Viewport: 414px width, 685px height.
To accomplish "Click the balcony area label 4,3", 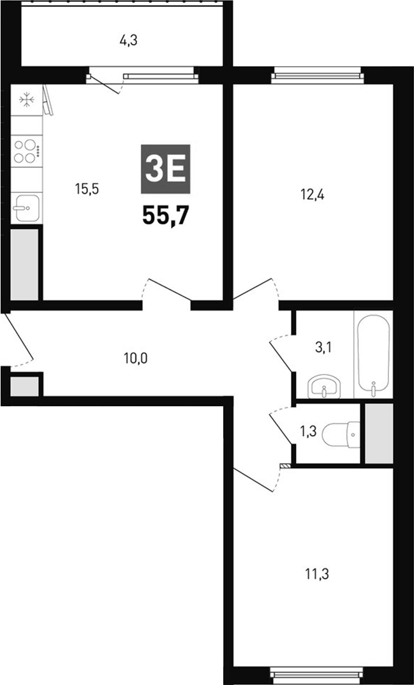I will pyautogui.click(x=128, y=41).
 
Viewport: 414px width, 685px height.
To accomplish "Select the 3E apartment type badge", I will pyautogui.click(x=165, y=169).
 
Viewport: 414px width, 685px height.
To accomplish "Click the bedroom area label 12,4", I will pyautogui.click(x=313, y=195).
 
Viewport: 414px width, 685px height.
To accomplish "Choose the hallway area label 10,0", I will pyautogui.click(x=135, y=358).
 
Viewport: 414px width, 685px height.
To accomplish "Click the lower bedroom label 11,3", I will pyautogui.click(x=313, y=575).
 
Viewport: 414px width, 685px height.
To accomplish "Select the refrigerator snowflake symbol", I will pyautogui.click(x=26, y=100).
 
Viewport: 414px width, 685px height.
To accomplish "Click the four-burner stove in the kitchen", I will pyautogui.click(x=26, y=151).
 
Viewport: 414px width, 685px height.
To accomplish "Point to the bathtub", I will pyautogui.click(x=373, y=353).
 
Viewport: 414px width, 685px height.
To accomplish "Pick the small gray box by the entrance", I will pyautogui.click(x=24, y=387).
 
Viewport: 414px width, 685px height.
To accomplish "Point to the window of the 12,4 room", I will pyautogui.click(x=316, y=77).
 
